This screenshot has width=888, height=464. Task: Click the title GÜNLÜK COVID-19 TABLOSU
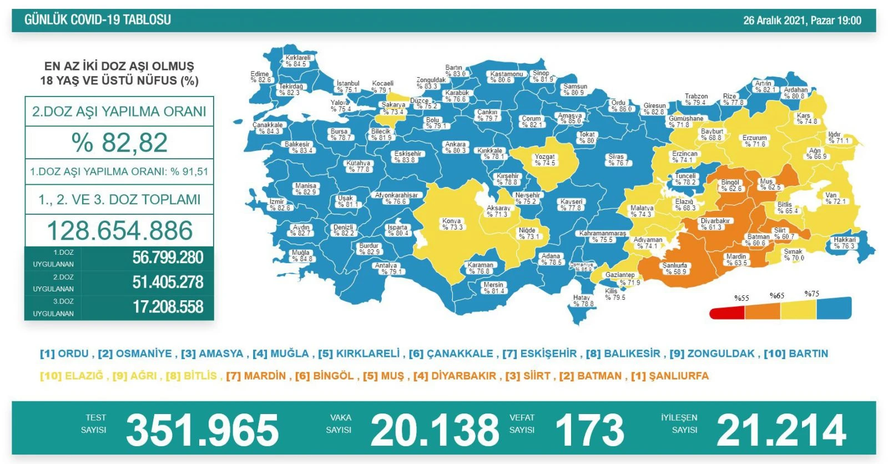(98, 20)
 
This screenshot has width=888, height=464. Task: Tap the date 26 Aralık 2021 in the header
(774, 21)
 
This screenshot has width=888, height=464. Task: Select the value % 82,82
(119, 143)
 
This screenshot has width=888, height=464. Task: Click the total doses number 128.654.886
(119, 230)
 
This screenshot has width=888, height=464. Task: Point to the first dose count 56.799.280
(168, 258)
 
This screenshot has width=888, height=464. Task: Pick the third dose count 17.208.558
(168, 307)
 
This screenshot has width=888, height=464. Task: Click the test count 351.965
(202, 430)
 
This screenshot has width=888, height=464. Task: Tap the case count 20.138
(435, 430)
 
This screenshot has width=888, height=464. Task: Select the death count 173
(589, 430)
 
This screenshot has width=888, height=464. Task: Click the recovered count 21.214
(781, 430)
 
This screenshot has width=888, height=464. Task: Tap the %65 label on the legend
(777, 296)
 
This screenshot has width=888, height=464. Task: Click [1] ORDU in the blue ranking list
(64, 354)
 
